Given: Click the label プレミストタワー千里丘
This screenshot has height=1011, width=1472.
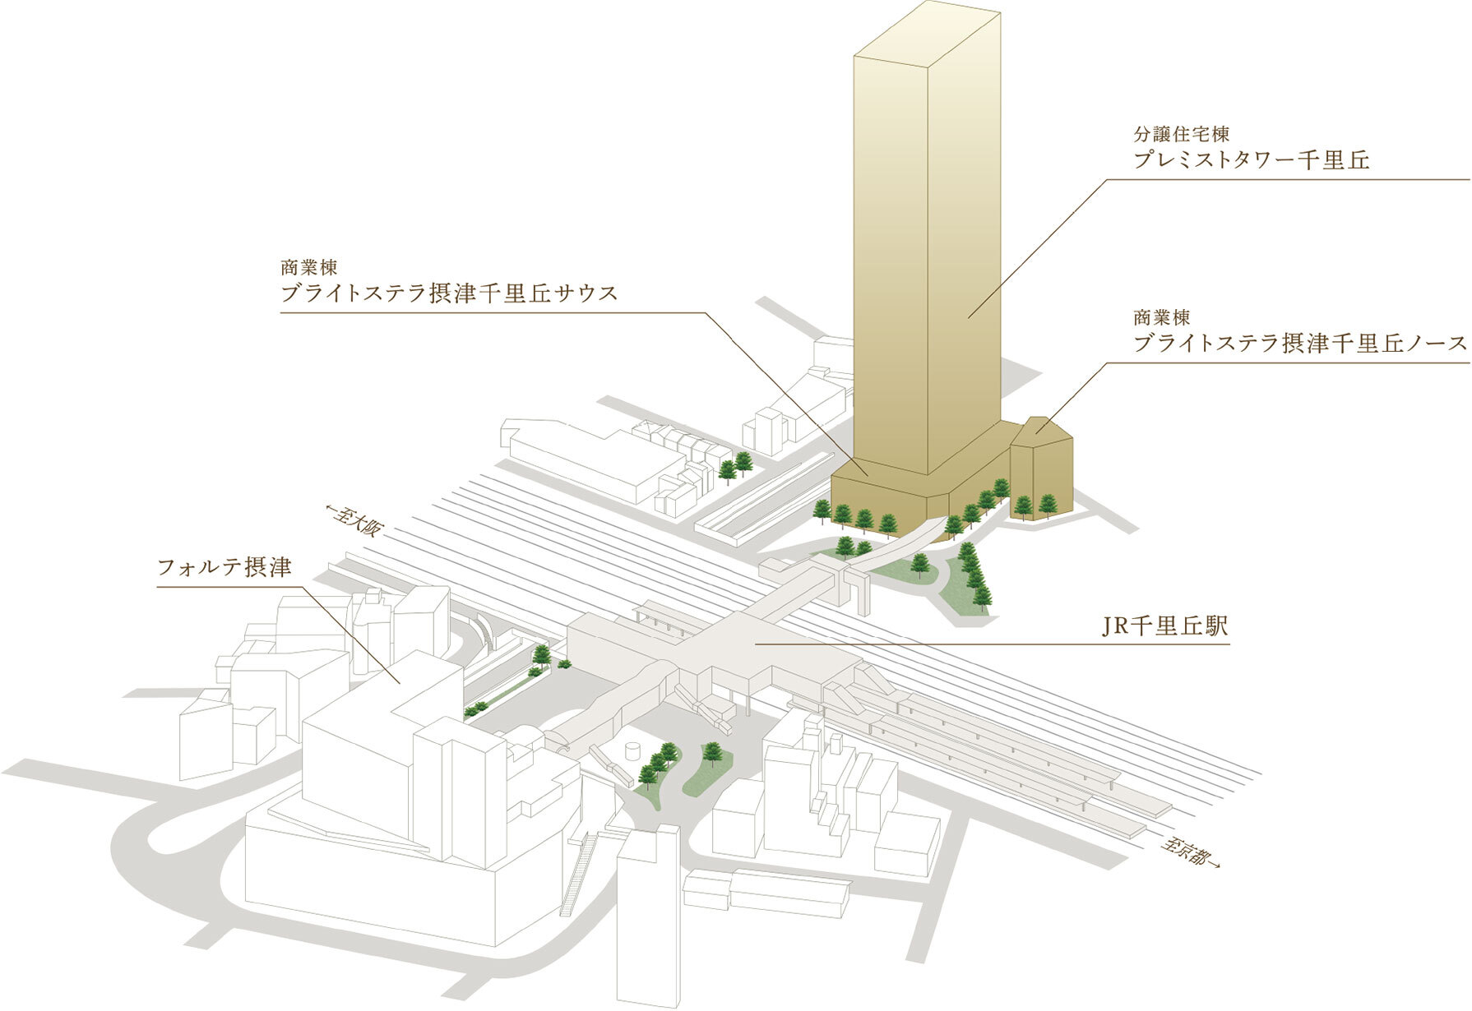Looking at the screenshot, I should pyautogui.click(x=1251, y=159).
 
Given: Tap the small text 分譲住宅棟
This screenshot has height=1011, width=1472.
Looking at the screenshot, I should pyautogui.click(x=1181, y=133).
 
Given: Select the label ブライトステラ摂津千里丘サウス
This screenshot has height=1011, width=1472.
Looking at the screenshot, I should pyautogui.click(x=449, y=293).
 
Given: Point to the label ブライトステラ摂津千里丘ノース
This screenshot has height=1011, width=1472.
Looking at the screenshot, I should pyautogui.click(x=1300, y=344).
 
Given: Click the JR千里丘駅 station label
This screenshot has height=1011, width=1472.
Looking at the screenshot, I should pyautogui.click(x=1165, y=626).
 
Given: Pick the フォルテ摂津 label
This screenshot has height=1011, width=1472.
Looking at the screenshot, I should pyautogui.click(x=224, y=567).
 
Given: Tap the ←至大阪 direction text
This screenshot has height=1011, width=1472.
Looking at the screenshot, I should pyautogui.click(x=355, y=520).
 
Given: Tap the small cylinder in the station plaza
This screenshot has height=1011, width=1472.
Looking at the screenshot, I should pyautogui.click(x=633, y=751).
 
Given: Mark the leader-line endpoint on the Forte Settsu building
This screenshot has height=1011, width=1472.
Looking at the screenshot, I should pyautogui.click(x=400, y=683).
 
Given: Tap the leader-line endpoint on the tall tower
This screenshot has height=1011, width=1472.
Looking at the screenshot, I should pyautogui.click(x=968, y=317).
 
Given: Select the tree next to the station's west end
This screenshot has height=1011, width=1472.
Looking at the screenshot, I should pyautogui.click(x=542, y=655).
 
